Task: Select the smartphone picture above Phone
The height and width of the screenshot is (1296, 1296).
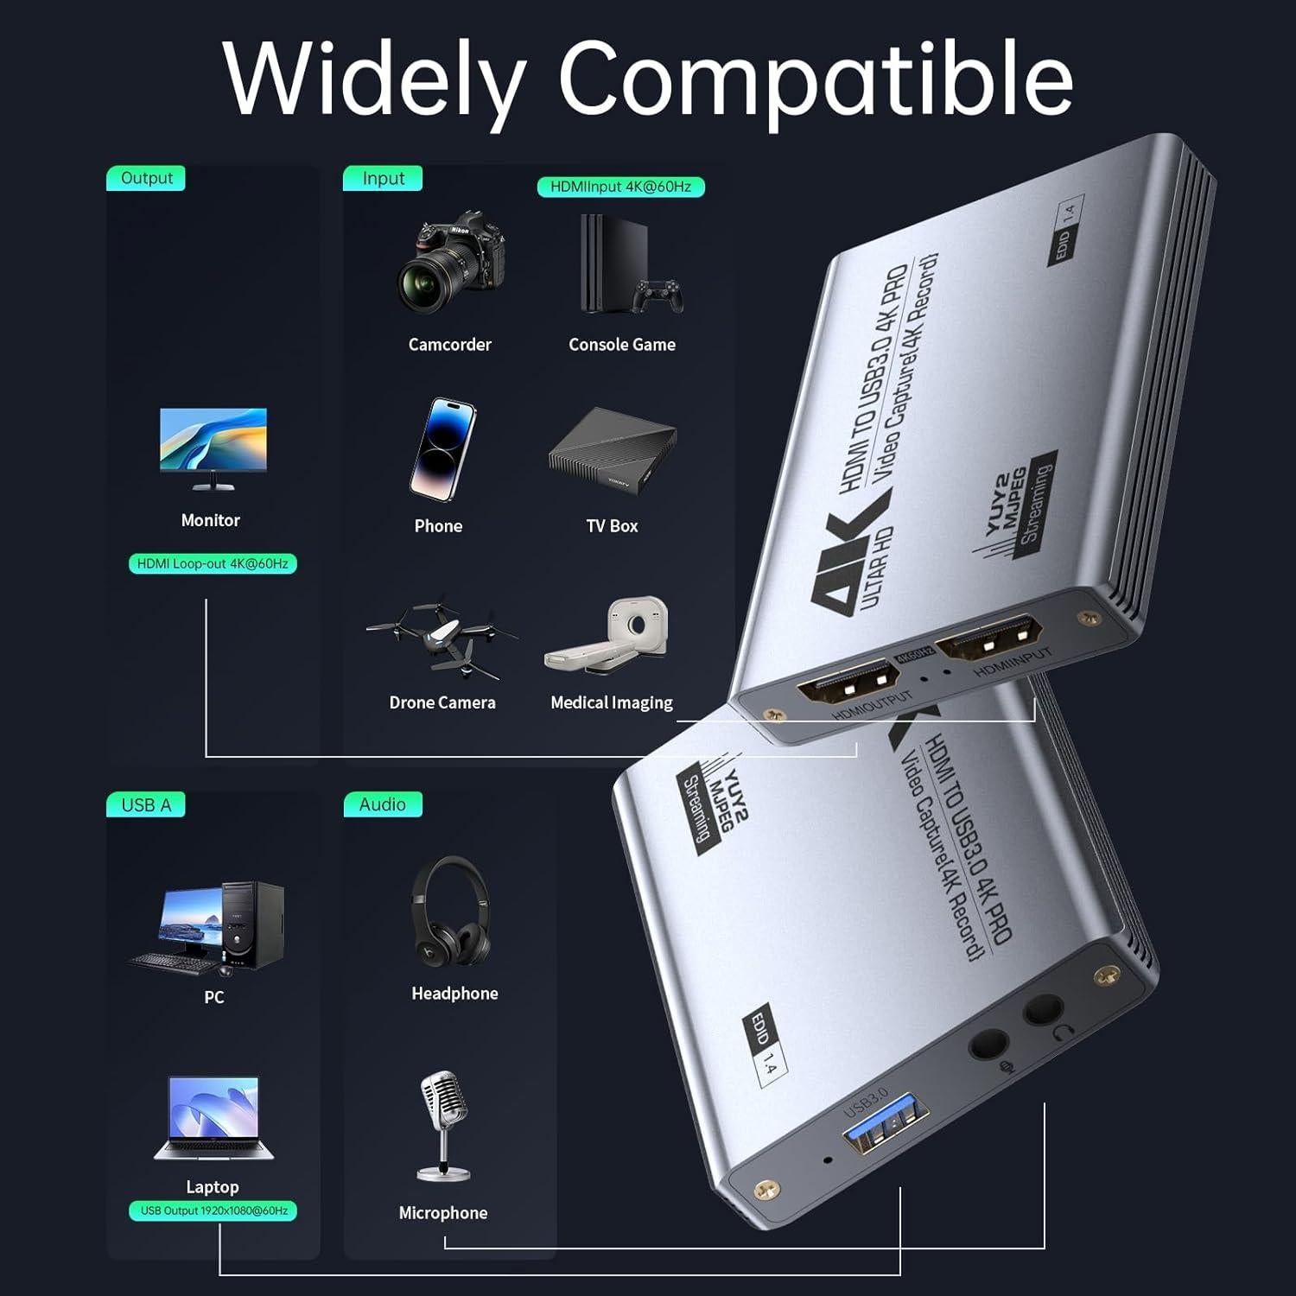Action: [x=442, y=449]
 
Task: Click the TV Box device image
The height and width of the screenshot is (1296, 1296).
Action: [x=612, y=450]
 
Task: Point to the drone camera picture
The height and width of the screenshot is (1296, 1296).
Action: [x=442, y=637]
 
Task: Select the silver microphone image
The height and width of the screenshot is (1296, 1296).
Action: [x=443, y=1126]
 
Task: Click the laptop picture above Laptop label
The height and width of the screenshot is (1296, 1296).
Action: [x=213, y=1119]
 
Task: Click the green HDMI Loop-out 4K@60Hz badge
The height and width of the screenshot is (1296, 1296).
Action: [x=213, y=563]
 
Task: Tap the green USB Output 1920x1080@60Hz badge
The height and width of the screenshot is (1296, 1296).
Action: [x=213, y=1210]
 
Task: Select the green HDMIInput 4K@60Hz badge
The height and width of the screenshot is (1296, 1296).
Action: [x=620, y=187]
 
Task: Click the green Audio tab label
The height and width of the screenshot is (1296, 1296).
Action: [x=382, y=804]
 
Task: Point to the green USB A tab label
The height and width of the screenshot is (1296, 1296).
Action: [x=146, y=805]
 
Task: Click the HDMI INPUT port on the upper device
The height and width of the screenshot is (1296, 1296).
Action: [x=989, y=639]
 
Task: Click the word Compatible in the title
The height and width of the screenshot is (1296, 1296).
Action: [x=815, y=79]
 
